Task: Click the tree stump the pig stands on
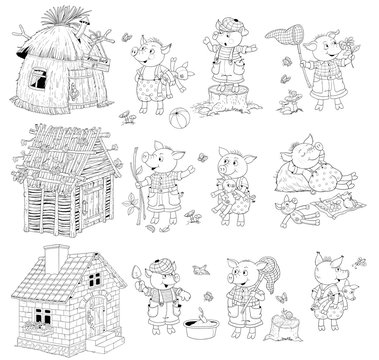[232, 97]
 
